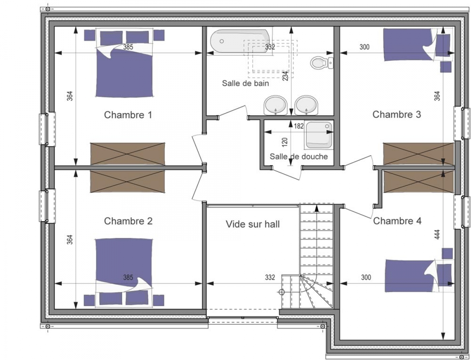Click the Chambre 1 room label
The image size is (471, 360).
128,115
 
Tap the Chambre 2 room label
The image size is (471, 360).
128,221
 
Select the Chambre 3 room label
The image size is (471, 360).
396,115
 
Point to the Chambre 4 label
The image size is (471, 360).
397,221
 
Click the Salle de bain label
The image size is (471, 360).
245,83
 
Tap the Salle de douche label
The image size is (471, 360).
299,156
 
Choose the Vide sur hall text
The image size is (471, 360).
253,224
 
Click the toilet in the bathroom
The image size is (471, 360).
321,63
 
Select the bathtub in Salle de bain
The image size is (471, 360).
240,41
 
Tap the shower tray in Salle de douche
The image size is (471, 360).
319,135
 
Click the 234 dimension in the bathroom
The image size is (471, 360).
285,76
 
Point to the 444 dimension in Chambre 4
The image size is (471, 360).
437,235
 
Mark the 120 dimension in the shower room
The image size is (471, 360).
285,142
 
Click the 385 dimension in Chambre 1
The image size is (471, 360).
128,47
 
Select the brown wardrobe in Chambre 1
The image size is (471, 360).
128,154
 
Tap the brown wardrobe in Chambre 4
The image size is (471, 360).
418,182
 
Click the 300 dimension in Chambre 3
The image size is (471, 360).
365,47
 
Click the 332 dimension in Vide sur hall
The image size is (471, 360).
270,277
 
